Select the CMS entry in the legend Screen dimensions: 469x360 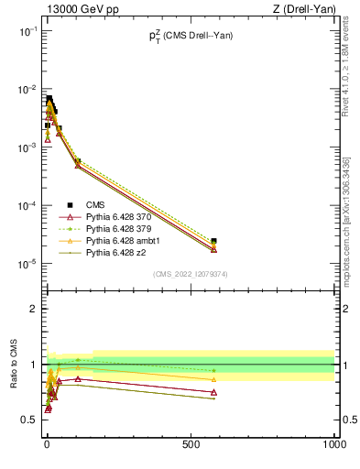click(x=98, y=204)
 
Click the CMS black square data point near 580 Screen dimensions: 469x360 click(x=213, y=241)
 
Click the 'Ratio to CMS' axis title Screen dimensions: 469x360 click(x=15, y=385)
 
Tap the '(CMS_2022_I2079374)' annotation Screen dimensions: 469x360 click(x=190, y=273)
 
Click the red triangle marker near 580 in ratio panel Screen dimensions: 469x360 click(x=213, y=392)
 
